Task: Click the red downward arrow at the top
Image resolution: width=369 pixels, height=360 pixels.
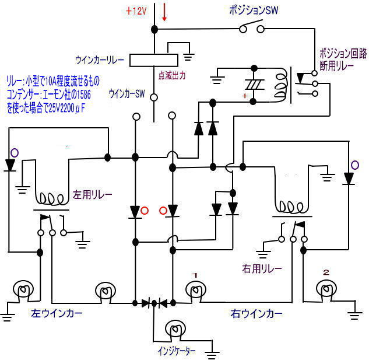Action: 164,13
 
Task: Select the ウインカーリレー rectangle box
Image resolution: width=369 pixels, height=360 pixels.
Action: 153,60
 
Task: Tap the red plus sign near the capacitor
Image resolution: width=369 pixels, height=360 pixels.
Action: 245,96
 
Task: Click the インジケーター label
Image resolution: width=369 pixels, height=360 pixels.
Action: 177,351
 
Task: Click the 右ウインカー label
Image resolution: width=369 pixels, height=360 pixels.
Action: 254,314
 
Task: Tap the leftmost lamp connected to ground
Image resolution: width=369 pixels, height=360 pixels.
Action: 23,290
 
